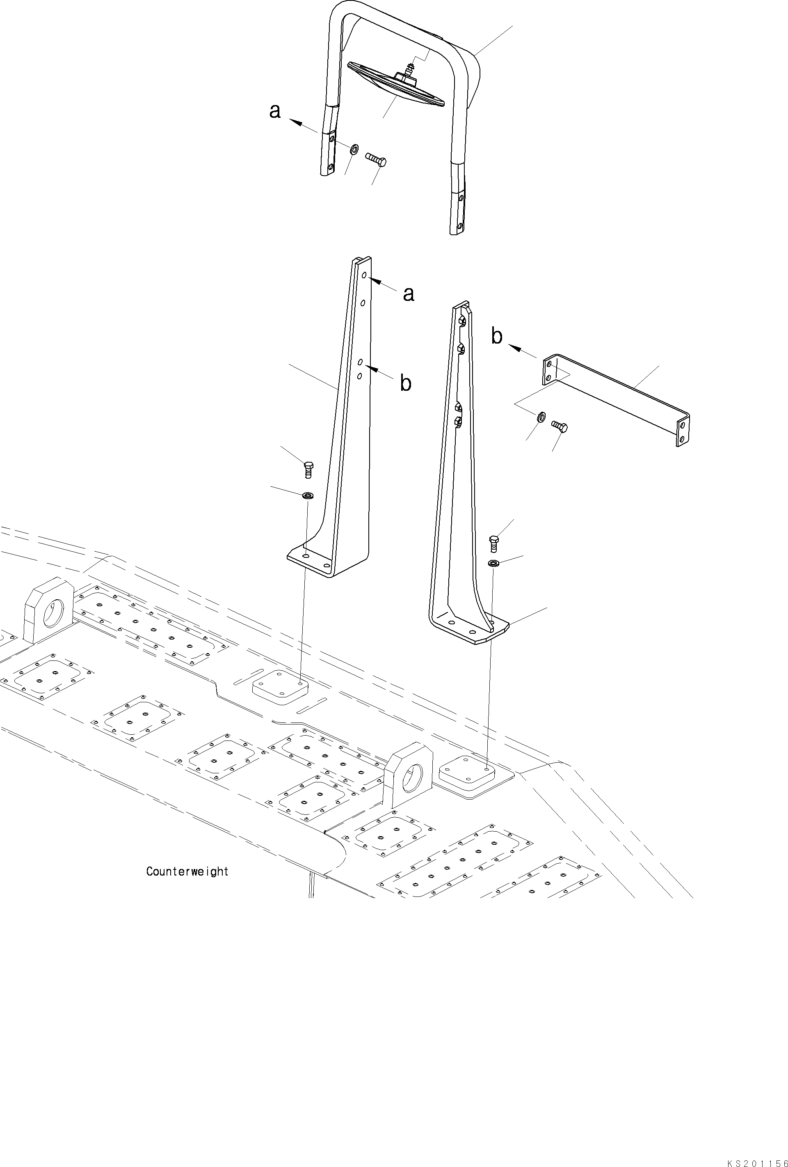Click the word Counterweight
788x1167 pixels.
tap(187, 871)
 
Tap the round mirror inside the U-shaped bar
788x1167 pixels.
tap(397, 86)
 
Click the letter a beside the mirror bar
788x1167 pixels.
tap(274, 111)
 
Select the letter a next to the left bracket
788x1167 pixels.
tap(409, 294)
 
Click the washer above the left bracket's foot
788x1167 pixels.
tap(308, 495)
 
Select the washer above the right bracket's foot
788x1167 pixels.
tap(493, 563)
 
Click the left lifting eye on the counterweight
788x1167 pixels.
tap(49, 610)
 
